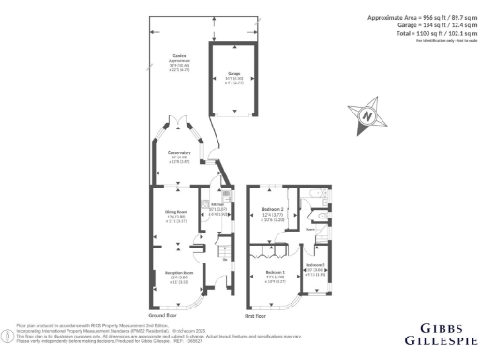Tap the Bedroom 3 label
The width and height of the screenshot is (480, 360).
coord(316,268)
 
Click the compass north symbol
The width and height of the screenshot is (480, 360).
coord(367,117)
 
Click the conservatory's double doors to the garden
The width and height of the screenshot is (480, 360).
coord(178,122)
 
